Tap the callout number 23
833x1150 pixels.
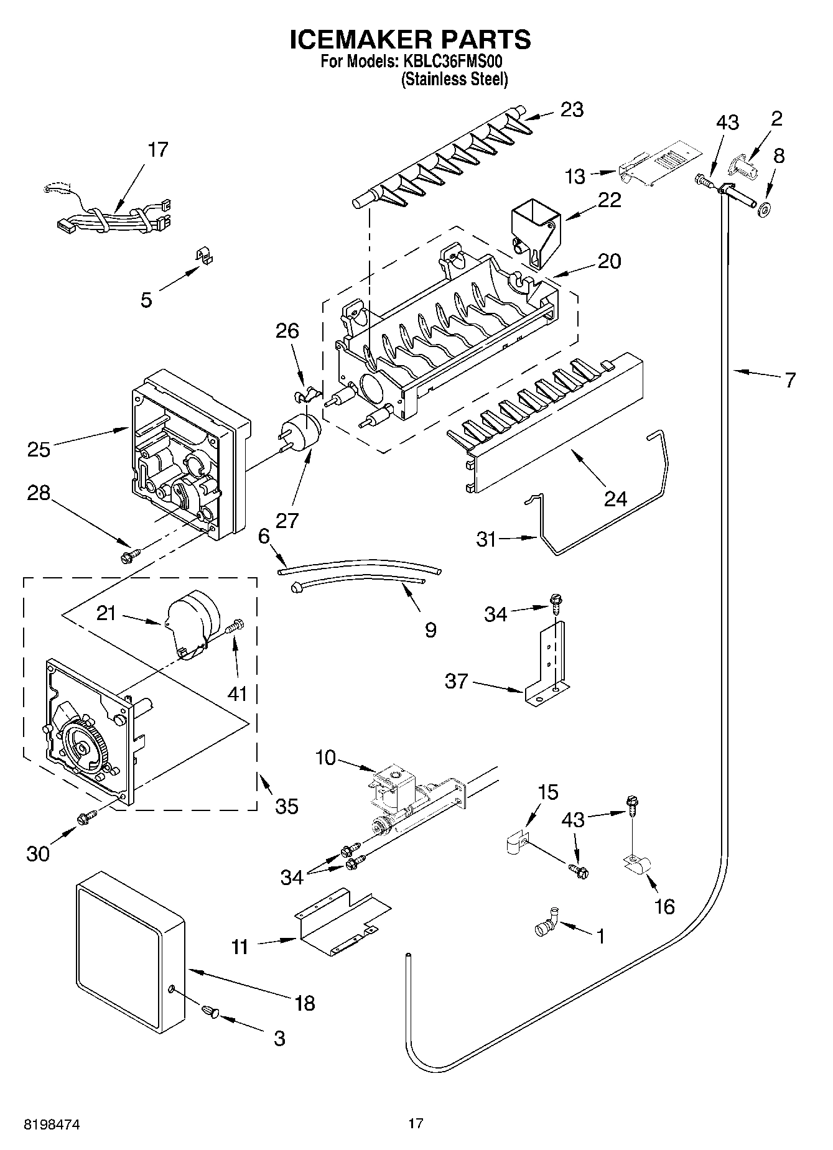click(x=572, y=109)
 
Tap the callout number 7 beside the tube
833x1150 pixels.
click(x=789, y=379)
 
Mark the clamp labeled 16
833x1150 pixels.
click(x=635, y=865)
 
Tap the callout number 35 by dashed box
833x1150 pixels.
click(x=287, y=806)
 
